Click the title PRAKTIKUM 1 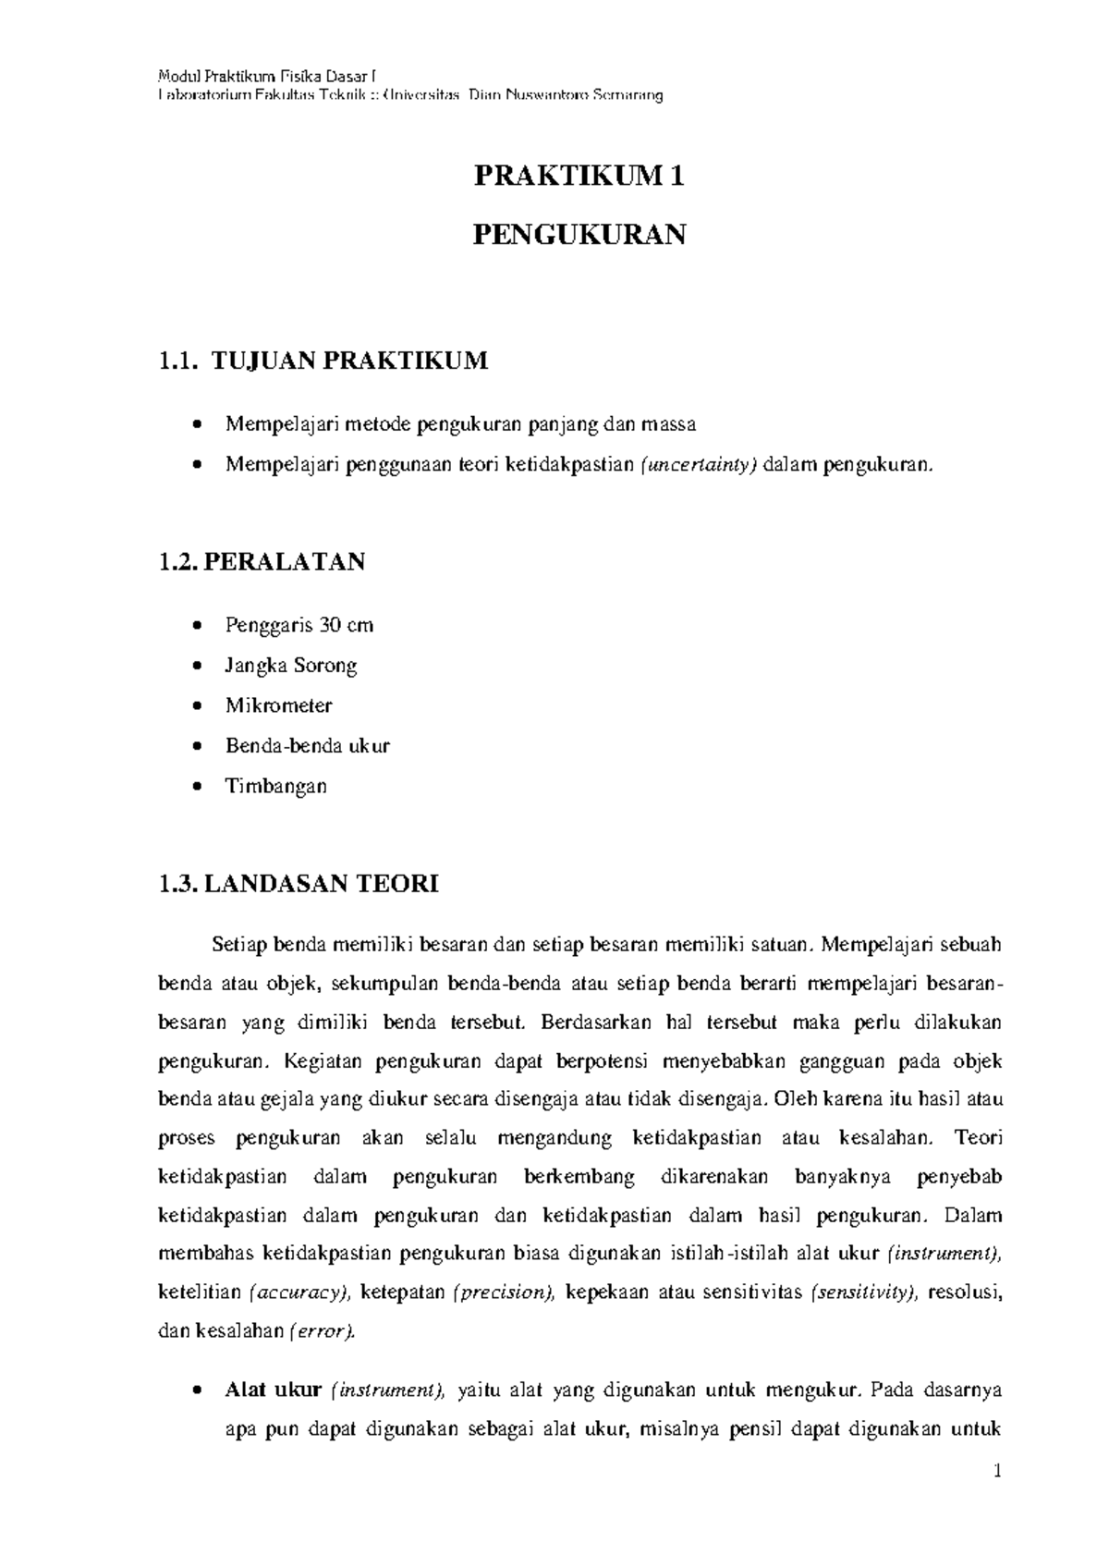point(579,176)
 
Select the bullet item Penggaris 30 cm point(299,625)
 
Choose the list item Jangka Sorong point(291,665)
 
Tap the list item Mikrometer point(279,705)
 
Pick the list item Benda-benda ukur point(308,745)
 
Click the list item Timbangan point(276,786)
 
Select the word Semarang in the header point(628,95)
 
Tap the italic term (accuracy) point(300,1292)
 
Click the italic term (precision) point(503,1292)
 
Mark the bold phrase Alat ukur point(273,1390)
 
